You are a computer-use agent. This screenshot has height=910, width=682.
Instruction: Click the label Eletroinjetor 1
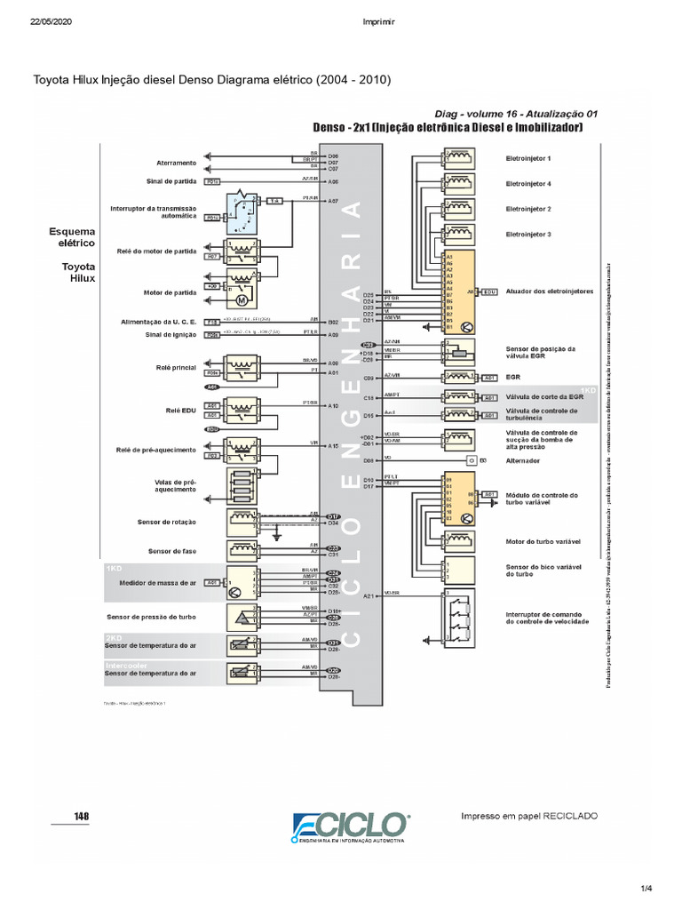528,158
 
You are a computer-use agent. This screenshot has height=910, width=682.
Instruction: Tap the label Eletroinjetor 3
528,234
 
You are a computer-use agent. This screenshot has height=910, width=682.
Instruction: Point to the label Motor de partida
170,291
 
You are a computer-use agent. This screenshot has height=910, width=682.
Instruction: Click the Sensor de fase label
172,551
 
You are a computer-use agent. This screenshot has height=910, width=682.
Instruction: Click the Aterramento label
176,163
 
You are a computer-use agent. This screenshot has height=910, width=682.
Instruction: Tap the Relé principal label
176,366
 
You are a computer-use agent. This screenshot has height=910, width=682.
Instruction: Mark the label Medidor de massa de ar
157,582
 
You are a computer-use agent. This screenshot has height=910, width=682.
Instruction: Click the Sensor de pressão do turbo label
151,616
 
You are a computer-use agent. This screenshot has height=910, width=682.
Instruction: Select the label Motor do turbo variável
543,540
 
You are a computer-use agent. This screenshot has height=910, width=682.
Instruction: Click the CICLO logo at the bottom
352,827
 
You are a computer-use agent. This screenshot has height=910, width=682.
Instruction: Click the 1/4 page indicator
646,888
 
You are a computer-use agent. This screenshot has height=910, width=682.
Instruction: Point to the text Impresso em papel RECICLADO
529,816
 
